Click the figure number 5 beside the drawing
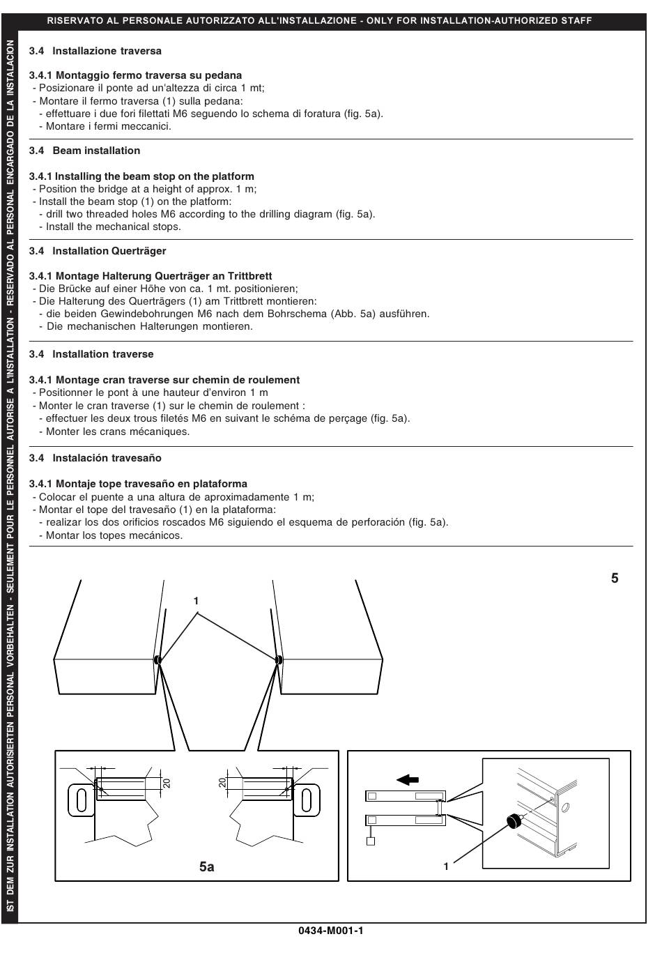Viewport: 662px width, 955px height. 615,578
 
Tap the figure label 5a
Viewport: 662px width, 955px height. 206,866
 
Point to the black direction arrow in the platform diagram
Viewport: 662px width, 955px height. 408,779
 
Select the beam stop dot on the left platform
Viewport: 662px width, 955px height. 158,659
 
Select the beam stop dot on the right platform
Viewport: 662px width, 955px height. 279,659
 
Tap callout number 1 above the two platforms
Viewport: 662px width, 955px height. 197,601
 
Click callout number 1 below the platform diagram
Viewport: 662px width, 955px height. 446,866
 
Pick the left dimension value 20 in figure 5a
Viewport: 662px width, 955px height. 167,783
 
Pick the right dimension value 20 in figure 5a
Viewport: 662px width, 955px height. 222,783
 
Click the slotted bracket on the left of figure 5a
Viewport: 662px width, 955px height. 81,799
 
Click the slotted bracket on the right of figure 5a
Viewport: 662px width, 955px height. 307,799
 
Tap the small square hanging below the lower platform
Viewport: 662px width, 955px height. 371,841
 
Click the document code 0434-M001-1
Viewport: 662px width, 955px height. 331,931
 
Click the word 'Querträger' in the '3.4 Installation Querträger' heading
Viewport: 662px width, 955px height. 139,251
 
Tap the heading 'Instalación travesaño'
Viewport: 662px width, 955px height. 107,458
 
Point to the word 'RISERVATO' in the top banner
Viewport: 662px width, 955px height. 73,21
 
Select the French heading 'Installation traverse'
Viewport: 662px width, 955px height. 103,354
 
